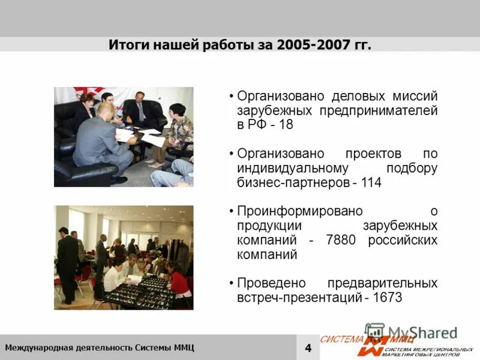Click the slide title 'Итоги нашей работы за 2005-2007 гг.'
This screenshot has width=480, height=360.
[x=240, y=45]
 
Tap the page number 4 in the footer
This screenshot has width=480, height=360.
[x=308, y=348]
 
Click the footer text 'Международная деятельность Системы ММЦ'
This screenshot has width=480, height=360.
[x=100, y=348]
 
